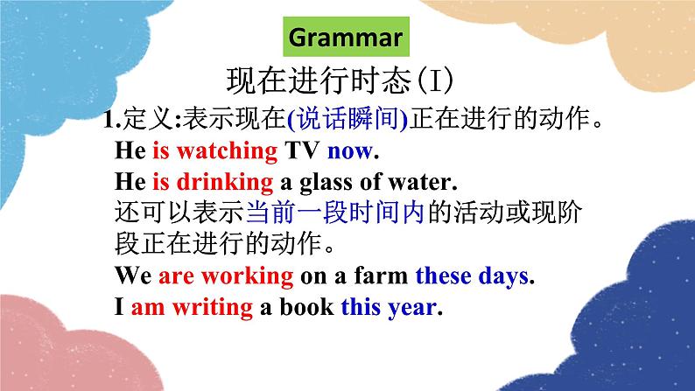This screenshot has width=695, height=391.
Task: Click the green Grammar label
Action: coord(345,38)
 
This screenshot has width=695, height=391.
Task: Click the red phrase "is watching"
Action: coord(214,150)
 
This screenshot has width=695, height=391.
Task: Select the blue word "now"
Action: coord(349,150)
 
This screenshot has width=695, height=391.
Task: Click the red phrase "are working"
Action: coord(226,276)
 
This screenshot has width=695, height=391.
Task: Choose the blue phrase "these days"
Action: coord(472,276)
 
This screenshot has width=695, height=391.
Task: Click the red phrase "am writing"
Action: coord(192,308)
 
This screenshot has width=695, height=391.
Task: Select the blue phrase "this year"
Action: coord(388,308)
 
